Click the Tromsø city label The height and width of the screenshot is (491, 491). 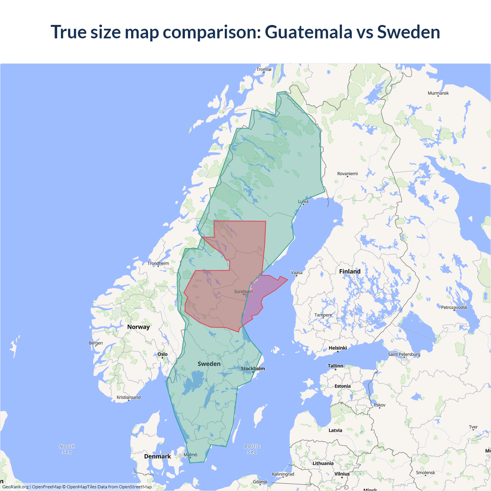(x=264, y=69)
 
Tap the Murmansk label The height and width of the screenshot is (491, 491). (x=438, y=93)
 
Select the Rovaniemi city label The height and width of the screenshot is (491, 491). (x=347, y=174)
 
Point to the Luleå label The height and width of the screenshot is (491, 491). (x=303, y=201)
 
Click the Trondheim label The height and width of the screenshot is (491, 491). (x=158, y=264)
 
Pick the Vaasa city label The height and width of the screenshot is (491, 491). (x=297, y=273)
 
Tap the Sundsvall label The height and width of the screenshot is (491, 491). (x=243, y=292)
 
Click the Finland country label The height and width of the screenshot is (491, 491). (x=349, y=272)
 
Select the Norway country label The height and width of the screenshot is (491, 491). (x=138, y=327)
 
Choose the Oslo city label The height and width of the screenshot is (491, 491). (x=163, y=354)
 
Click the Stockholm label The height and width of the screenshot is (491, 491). (x=253, y=369)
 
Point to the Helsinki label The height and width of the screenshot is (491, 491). (x=338, y=348)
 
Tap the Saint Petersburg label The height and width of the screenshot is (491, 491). (x=404, y=354)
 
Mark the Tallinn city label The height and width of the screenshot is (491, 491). (x=335, y=366)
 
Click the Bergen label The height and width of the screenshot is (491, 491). (x=96, y=343)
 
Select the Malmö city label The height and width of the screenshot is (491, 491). (x=190, y=455)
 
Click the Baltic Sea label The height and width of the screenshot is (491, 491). (x=252, y=449)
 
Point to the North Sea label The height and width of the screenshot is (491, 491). (x=67, y=449)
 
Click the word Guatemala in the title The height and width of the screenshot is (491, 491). (x=308, y=32)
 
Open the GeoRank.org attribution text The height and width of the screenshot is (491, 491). (x=15, y=487)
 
